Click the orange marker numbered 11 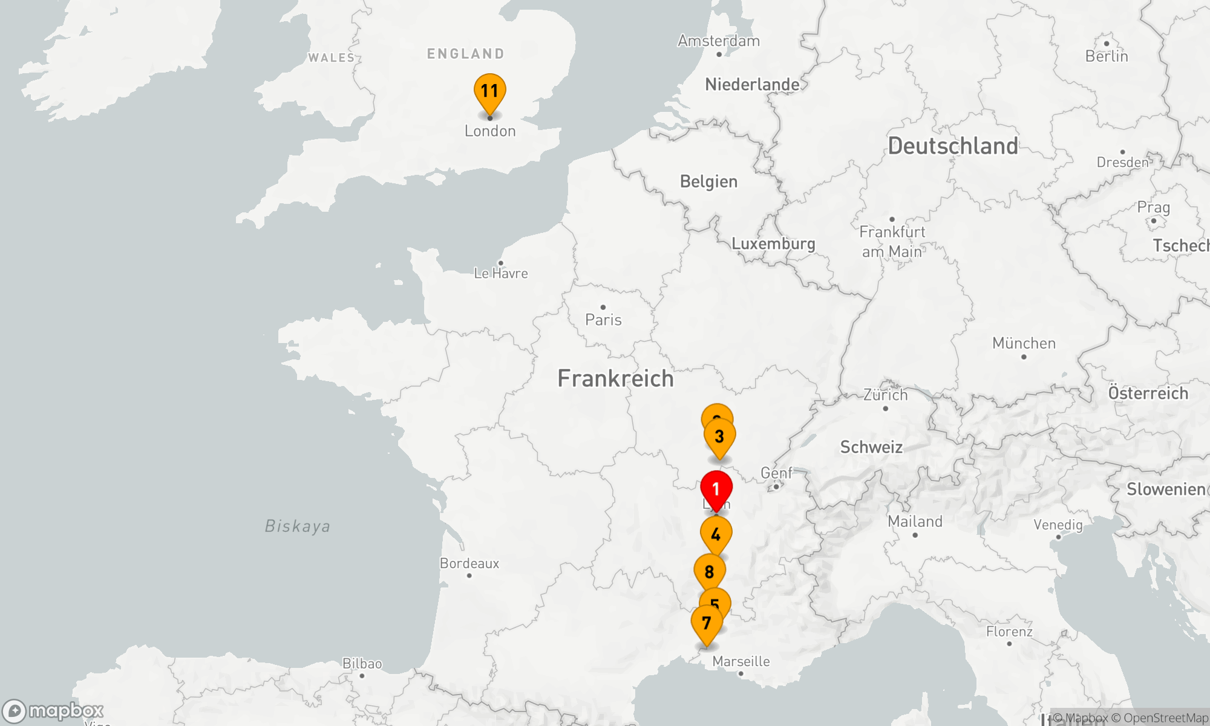[489, 93]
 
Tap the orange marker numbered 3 [719, 437]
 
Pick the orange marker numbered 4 [716, 535]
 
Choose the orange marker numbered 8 [709, 572]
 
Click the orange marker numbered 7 [706, 624]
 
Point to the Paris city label [603, 319]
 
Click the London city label [490, 131]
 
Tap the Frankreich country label [615, 379]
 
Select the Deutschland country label [953, 146]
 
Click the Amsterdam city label [719, 41]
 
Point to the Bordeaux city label [469, 563]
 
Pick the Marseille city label [741, 661]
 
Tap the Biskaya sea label [298, 526]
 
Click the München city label [1024, 344]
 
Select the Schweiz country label [871, 447]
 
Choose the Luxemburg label [773, 243]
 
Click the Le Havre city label [501, 273]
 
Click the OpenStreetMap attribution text [1165, 718]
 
